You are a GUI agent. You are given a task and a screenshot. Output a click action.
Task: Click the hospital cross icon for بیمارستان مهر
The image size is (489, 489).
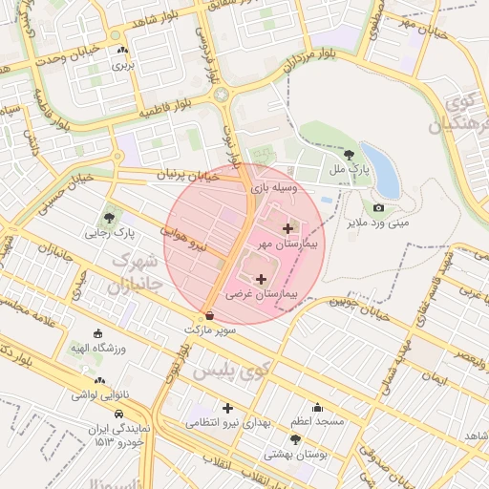[x=288, y=228]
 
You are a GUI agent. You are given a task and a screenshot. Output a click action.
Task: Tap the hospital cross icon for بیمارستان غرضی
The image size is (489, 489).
[x=262, y=279]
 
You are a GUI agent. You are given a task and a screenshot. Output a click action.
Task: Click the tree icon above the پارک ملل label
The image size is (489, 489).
[x=350, y=154]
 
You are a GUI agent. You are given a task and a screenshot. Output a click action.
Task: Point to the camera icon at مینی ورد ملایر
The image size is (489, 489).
[x=378, y=208]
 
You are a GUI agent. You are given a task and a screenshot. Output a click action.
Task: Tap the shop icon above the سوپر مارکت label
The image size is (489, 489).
[x=209, y=315]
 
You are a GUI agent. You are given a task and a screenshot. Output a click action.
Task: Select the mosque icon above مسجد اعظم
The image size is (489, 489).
[x=318, y=408]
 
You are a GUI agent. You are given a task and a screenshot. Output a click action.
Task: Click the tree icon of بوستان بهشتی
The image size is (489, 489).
[x=295, y=439]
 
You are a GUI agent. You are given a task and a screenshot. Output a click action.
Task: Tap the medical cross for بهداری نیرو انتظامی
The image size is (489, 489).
[x=228, y=408]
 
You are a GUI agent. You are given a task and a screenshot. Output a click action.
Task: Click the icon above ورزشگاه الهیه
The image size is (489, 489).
[x=97, y=333]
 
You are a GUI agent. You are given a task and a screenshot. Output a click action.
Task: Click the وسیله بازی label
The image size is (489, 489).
[x=275, y=189]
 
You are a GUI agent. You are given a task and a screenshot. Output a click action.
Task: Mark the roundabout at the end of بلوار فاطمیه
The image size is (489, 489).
[x=223, y=95]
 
